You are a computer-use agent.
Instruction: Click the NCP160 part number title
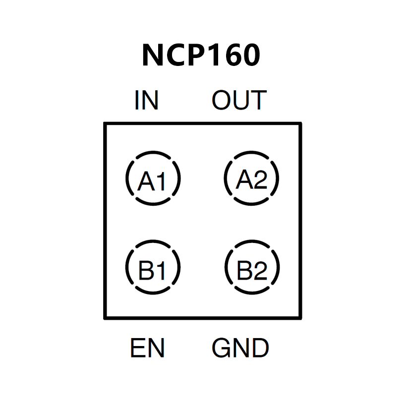point(201,55)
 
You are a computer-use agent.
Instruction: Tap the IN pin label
point(146,101)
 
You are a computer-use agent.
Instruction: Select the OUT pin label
point(239,101)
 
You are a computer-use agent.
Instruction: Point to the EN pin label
point(147,348)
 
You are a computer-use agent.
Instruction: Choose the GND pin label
point(240,348)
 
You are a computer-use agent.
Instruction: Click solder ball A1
point(153,179)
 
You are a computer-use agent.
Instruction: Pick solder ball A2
point(251,179)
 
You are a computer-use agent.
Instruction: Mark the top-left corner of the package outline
point(105,123)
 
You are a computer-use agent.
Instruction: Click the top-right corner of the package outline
point(300,123)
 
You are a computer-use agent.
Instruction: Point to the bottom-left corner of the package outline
point(105,318)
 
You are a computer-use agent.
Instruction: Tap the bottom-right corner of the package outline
point(300,318)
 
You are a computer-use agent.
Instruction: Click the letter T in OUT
point(258,101)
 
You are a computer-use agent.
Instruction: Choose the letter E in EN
point(138,348)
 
